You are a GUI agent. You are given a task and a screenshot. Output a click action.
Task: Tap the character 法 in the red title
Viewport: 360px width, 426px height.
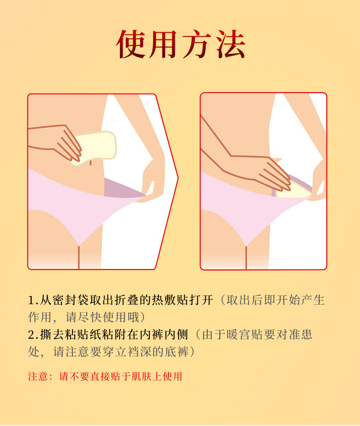click(x=231, y=45)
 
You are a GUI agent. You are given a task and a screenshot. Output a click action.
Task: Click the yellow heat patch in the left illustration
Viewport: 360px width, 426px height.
click(x=95, y=147)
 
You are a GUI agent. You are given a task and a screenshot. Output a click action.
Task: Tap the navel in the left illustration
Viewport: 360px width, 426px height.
click(x=90, y=163)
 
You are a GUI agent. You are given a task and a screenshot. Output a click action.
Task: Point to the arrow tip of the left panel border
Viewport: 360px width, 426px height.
click(x=178, y=178)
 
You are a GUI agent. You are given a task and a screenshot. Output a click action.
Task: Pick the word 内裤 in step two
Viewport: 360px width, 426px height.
click(x=152, y=334)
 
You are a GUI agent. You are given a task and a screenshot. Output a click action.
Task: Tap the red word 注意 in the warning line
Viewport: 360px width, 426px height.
click(x=38, y=376)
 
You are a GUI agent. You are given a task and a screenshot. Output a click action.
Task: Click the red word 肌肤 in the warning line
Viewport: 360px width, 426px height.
click(x=142, y=376)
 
